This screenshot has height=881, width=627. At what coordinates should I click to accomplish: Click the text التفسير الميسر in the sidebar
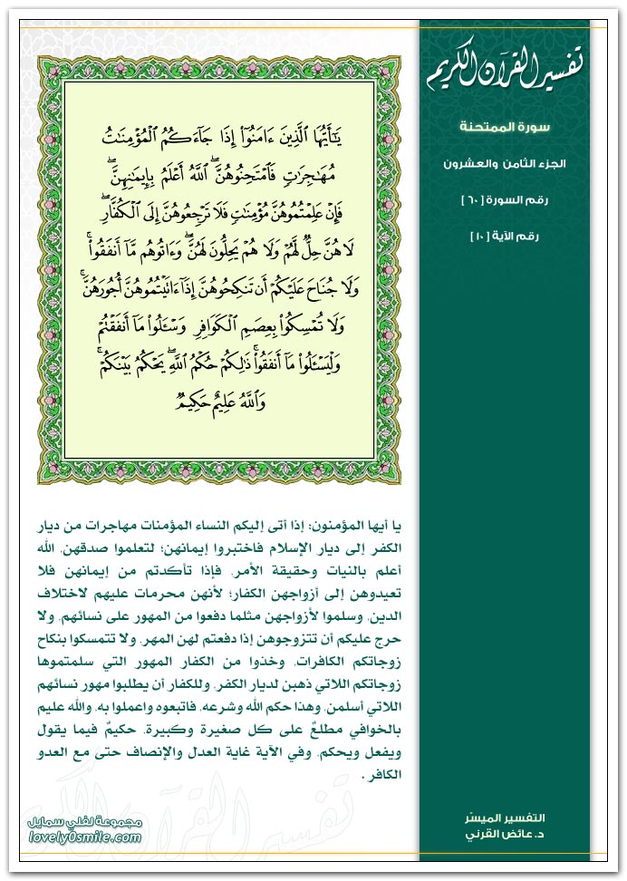(519, 819)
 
